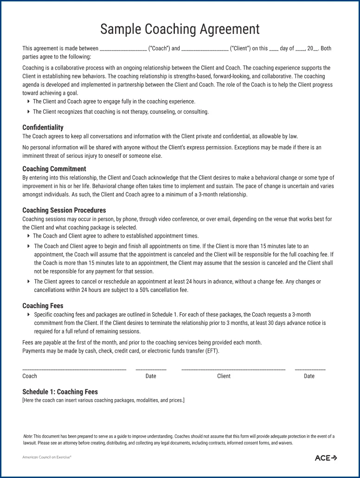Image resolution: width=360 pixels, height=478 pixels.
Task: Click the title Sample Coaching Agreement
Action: click(x=180, y=29)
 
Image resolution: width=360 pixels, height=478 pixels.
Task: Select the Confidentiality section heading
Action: click(x=43, y=127)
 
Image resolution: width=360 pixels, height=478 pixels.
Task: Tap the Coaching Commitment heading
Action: click(x=54, y=169)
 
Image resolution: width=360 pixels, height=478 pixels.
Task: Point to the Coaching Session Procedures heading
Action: click(x=64, y=210)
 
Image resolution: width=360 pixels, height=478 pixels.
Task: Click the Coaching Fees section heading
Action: click(x=43, y=306)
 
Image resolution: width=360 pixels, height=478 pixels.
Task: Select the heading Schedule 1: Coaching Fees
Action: click(x=60, y=392)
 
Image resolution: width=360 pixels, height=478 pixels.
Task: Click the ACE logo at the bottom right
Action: click(x=326, y=458)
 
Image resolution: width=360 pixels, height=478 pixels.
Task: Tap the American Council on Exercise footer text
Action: click(x=46, y=457)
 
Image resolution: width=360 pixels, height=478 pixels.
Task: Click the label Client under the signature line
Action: click(x=224, y=376)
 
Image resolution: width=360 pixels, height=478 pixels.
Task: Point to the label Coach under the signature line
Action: click(x=30, y=376)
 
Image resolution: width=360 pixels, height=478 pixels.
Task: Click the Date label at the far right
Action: click(x=309, y=376)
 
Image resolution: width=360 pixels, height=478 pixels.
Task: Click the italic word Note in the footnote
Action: click(x=28, y=437)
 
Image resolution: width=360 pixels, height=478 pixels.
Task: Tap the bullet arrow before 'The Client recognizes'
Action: click(x=29, y=112)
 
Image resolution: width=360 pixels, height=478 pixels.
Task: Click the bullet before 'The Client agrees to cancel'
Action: click(x=29, y=282)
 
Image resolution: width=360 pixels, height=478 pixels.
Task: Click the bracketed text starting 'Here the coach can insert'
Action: click(x=103, y=400)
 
